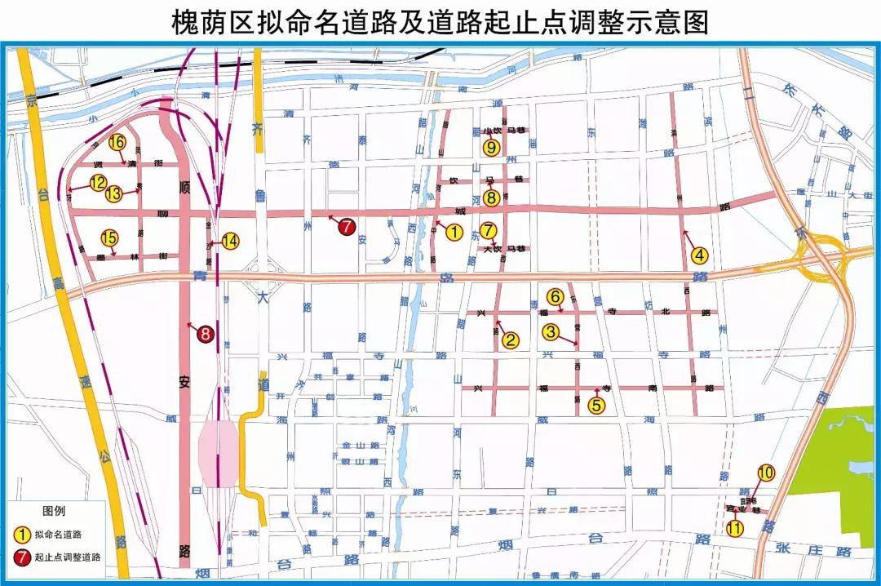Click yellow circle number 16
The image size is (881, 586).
117,142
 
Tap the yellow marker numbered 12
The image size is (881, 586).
98,183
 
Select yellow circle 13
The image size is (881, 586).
113,193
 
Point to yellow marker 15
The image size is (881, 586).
109,238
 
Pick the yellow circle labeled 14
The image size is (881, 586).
231,241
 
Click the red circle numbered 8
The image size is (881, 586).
206,333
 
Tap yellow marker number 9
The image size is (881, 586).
490,147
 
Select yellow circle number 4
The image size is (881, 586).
699,255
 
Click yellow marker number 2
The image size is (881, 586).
510,340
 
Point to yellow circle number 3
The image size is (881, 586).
551,332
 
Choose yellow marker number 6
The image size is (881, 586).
555,296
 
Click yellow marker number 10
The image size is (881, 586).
765,472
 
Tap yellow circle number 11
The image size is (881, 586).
735,527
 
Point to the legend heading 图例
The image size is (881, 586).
53,512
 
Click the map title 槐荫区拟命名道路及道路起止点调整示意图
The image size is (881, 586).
440,21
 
